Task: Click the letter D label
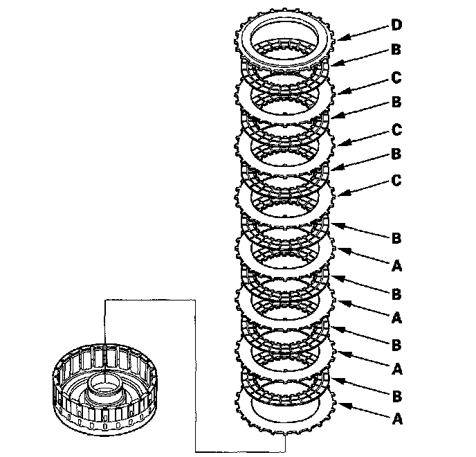[x=396, y=26]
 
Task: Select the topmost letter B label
[x=396, y=51]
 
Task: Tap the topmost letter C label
[x=396, y=77]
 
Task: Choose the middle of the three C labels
[x=396, y=129]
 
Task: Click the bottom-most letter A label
[x=396, y=419]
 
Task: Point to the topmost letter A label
[x=396, y=265]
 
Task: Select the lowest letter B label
[x=396, y=396]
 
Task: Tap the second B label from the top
[x=396, y=102]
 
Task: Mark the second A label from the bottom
[x=396, y=369]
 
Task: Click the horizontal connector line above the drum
[x=149, y=300]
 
